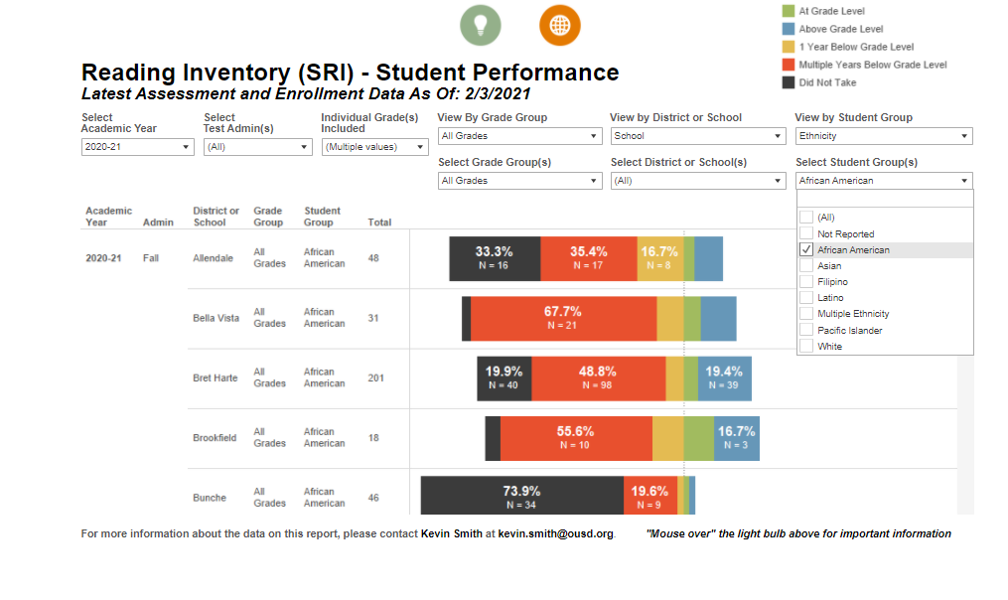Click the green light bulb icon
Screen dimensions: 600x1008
click(481, 24)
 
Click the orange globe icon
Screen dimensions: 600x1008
click(560, 24)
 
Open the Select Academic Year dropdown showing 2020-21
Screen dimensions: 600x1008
click(138, 147)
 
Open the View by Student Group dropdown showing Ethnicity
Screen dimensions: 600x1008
click(883, 136)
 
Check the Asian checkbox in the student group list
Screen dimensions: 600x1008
click(806, 266)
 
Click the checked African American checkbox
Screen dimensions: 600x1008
click(806, 250)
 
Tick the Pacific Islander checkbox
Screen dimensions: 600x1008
click(806, 330)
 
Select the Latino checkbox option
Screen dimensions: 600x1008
click(806, 298)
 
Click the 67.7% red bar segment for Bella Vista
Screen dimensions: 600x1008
click(563, 318)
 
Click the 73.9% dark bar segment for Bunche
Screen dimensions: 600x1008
click(522, 497)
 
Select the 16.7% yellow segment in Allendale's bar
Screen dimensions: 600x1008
click(659, 258)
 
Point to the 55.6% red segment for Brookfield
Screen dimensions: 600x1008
click(575, 438)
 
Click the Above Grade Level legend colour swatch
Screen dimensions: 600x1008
click(789, 29)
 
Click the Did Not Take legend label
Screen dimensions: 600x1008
click(827, 82)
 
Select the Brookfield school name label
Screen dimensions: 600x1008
click(215, 438)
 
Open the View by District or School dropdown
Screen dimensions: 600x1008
click(697, 136)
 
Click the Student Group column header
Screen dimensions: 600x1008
click(322, 217)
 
